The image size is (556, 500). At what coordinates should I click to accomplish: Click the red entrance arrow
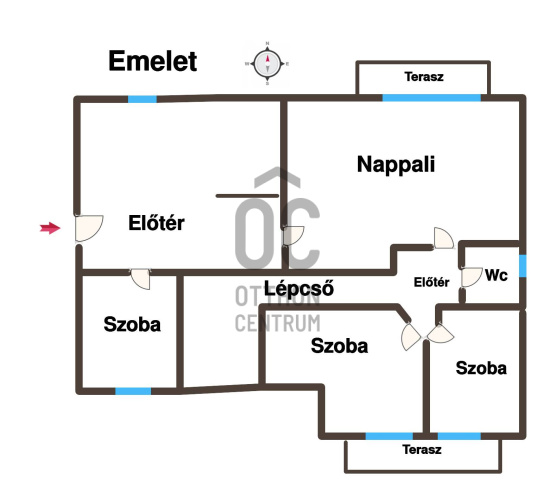tap(50, 228)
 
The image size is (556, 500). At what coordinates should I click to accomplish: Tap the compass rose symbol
tap(268, 64)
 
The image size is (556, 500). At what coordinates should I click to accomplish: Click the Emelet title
tap(153, 61)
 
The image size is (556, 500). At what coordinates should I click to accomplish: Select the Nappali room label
tap(396, 165)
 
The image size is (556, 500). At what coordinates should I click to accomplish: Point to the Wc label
tap(496, 275)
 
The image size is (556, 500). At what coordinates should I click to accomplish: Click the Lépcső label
tap(299, 288)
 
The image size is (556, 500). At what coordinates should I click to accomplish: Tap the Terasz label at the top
tap(424, 77)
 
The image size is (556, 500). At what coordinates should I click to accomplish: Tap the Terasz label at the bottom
tap(422, 450)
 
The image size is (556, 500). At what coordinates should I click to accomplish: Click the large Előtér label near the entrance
tap(156, 223)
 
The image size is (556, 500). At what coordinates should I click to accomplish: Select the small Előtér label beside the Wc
tap(432, 282)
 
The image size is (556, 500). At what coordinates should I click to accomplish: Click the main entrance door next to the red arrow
tap(89, 228)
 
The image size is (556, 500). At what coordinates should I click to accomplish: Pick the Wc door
tap(471, 277)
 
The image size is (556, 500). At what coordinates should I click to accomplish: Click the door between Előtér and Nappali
tap(293, 235)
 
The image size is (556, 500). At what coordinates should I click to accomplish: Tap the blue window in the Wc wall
tap(523, 266)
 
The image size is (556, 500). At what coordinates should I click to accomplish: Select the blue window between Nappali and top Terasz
tap(432, 98)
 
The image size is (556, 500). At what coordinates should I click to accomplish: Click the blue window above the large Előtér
tap(142, 99)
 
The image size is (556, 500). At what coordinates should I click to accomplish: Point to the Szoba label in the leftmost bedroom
tap(132, 324)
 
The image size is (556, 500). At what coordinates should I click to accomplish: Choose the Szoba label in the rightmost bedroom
tap(481, 368)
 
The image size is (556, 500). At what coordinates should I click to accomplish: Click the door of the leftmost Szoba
tap(141, 279)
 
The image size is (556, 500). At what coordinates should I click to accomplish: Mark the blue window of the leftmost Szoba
tap(133, 391)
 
